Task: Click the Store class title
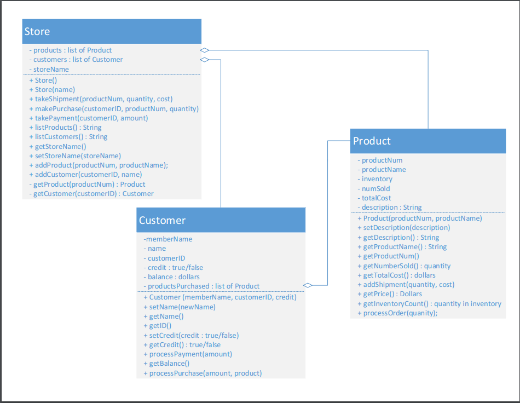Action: click(37, 32)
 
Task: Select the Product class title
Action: click(372, 141)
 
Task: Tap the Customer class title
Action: click(162, 220)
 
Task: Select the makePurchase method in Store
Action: click(113, 108)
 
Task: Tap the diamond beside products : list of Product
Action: click(205, 50)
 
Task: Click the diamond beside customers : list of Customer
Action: click(205, 59)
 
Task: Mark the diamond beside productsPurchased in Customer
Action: click(308, 285)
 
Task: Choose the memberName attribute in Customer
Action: click(168, 239)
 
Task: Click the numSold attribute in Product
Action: click(376, 188)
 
